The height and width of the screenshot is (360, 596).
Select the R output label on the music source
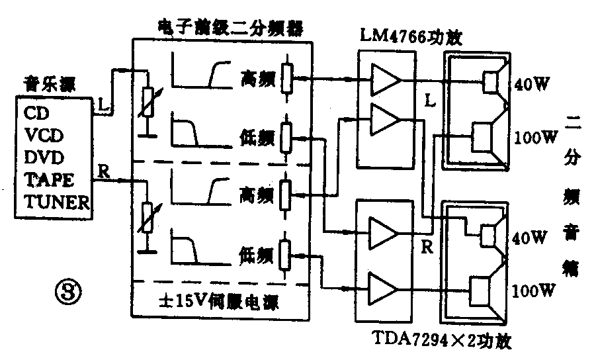coord(103,171)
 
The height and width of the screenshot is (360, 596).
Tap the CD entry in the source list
coord(37,113)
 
